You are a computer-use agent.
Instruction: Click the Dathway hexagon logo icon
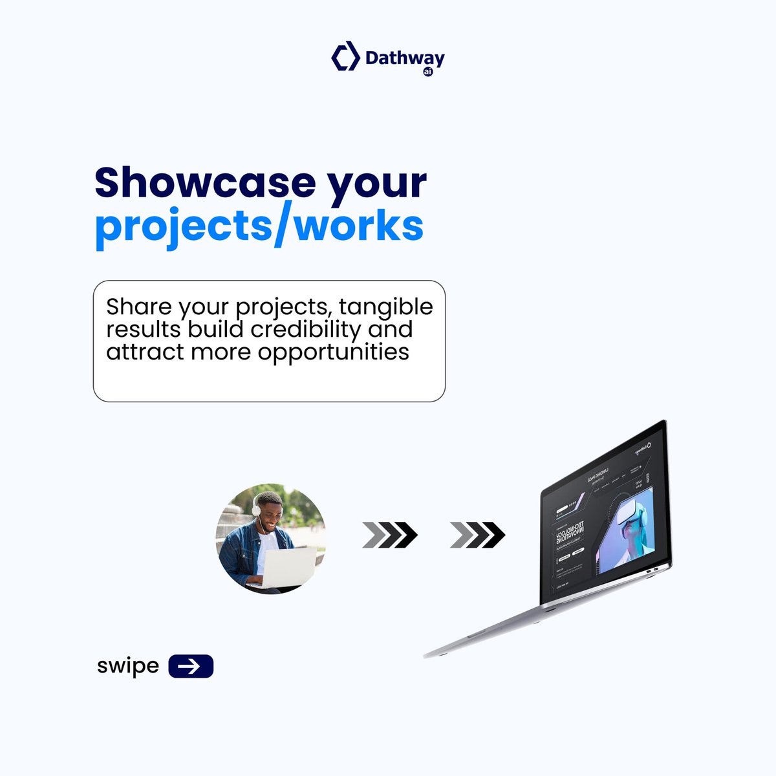[x=345, y=56]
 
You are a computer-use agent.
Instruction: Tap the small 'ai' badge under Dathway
[x=427, y=72]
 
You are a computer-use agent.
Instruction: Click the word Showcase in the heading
[x=204, y=182]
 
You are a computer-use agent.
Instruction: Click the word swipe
[x=128, y=665]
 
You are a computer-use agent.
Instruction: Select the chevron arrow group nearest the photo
[x=390, y=535]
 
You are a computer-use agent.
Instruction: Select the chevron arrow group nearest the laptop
[x=477, y=535]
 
